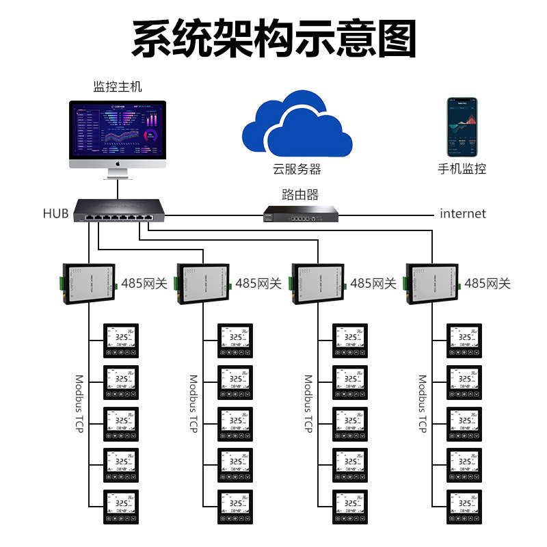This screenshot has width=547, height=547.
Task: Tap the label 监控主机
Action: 118,88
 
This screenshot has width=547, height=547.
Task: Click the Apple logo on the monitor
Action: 118,164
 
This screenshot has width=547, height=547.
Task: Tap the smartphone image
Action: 462,127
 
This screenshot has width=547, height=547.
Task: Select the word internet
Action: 463,214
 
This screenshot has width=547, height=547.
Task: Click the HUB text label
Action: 55,214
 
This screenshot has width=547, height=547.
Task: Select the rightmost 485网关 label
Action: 488,283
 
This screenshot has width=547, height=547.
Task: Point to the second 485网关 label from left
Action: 258,283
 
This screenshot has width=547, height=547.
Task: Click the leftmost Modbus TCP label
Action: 79,403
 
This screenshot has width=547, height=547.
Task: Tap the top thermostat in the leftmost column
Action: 121,340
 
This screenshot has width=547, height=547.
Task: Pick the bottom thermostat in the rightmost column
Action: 464,507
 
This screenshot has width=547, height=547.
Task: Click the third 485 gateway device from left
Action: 318,282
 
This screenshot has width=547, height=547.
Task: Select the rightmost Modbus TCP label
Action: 423,403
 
